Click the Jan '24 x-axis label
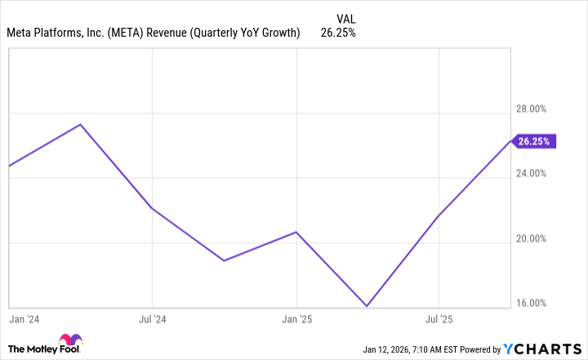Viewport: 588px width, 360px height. coord(24,318)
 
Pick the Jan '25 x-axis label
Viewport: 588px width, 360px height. coord(296,318)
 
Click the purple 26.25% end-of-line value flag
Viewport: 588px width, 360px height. coord(534,141)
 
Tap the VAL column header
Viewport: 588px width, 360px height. coord(345,17)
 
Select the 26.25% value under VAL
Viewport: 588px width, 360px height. coord(338,33)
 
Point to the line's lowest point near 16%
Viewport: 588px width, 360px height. coord(367,306)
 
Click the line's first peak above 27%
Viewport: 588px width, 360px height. coord(80,124)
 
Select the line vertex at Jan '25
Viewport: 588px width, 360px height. coord(296,232)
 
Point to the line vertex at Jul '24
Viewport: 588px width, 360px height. coord(152,209)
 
